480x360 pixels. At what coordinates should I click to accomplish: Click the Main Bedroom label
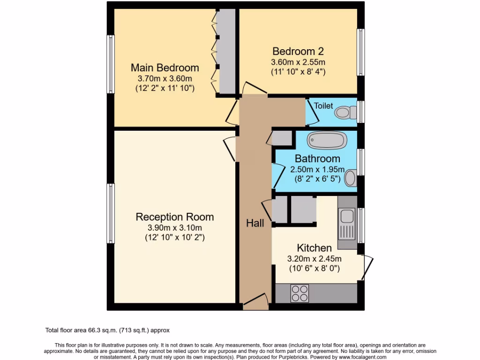pos(165,67)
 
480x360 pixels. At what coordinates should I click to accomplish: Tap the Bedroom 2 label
pos(298,51)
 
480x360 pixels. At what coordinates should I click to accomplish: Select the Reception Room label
pos(174,217)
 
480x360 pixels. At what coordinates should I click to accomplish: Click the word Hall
pos(255,224)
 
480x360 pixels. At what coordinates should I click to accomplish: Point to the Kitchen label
pos(314,248)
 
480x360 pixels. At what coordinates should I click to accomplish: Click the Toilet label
pos(323,106)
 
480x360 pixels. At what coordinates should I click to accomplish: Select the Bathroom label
pos(317,159)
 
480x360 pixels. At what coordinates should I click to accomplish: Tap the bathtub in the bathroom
pos(327,140)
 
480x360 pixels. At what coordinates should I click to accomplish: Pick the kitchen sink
pos(347,217)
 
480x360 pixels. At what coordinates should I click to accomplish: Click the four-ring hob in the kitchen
pos(300,293)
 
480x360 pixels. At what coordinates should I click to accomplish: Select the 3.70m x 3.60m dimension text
pos(165,78)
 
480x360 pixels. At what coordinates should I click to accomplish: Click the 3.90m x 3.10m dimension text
pos(174,228)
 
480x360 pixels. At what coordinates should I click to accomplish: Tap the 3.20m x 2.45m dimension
pos(314,258)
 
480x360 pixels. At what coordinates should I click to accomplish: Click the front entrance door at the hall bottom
pos(255,304)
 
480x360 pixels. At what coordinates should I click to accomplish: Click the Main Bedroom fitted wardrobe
pos(226,52)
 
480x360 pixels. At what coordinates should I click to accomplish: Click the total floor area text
pos(110,330)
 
